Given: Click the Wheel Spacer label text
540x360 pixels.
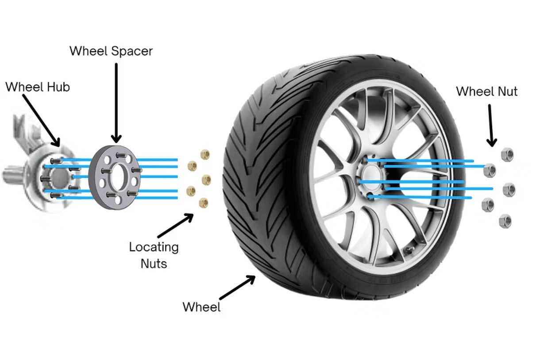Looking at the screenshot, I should tap(111, 51).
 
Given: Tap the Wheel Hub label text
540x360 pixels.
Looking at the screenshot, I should tap(38, 87).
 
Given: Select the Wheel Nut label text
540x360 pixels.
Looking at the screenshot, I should tap(486, 92).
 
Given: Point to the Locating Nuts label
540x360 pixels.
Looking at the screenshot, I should tap(154, 255).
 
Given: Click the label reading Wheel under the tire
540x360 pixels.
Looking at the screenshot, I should tap(201, 306).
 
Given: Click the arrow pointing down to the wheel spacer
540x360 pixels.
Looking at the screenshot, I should tap(116, 102).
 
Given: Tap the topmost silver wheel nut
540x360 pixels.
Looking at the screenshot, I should tap(506, 154).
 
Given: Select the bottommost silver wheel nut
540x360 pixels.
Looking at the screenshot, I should tap(505, 221).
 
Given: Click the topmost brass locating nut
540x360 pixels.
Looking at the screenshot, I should tap(205, 154).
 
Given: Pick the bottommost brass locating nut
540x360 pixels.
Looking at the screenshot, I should tap(204, 203).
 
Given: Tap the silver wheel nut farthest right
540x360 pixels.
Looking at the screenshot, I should tap(509, 190).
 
